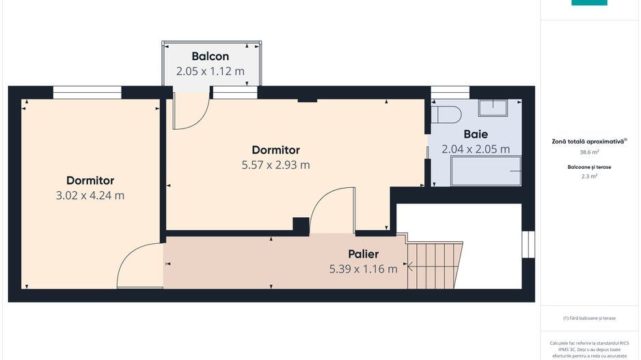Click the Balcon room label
tap(210, 56)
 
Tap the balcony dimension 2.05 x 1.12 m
tap(210, 71)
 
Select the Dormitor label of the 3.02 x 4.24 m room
tap(90, 180)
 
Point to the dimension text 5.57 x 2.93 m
tap(275, 165)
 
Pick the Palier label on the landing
tap(363, 254)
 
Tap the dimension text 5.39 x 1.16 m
tap(363, 269)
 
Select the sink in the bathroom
tap(492, 108)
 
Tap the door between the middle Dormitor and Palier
tap(331, 212)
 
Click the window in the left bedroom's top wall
tap(87, 92)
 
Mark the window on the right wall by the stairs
tap(528, 245)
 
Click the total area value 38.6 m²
tap(589, 152)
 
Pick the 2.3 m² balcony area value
tap(589, 176)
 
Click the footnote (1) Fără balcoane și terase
tap(589, 318)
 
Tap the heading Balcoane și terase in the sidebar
tap(589, 167)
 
